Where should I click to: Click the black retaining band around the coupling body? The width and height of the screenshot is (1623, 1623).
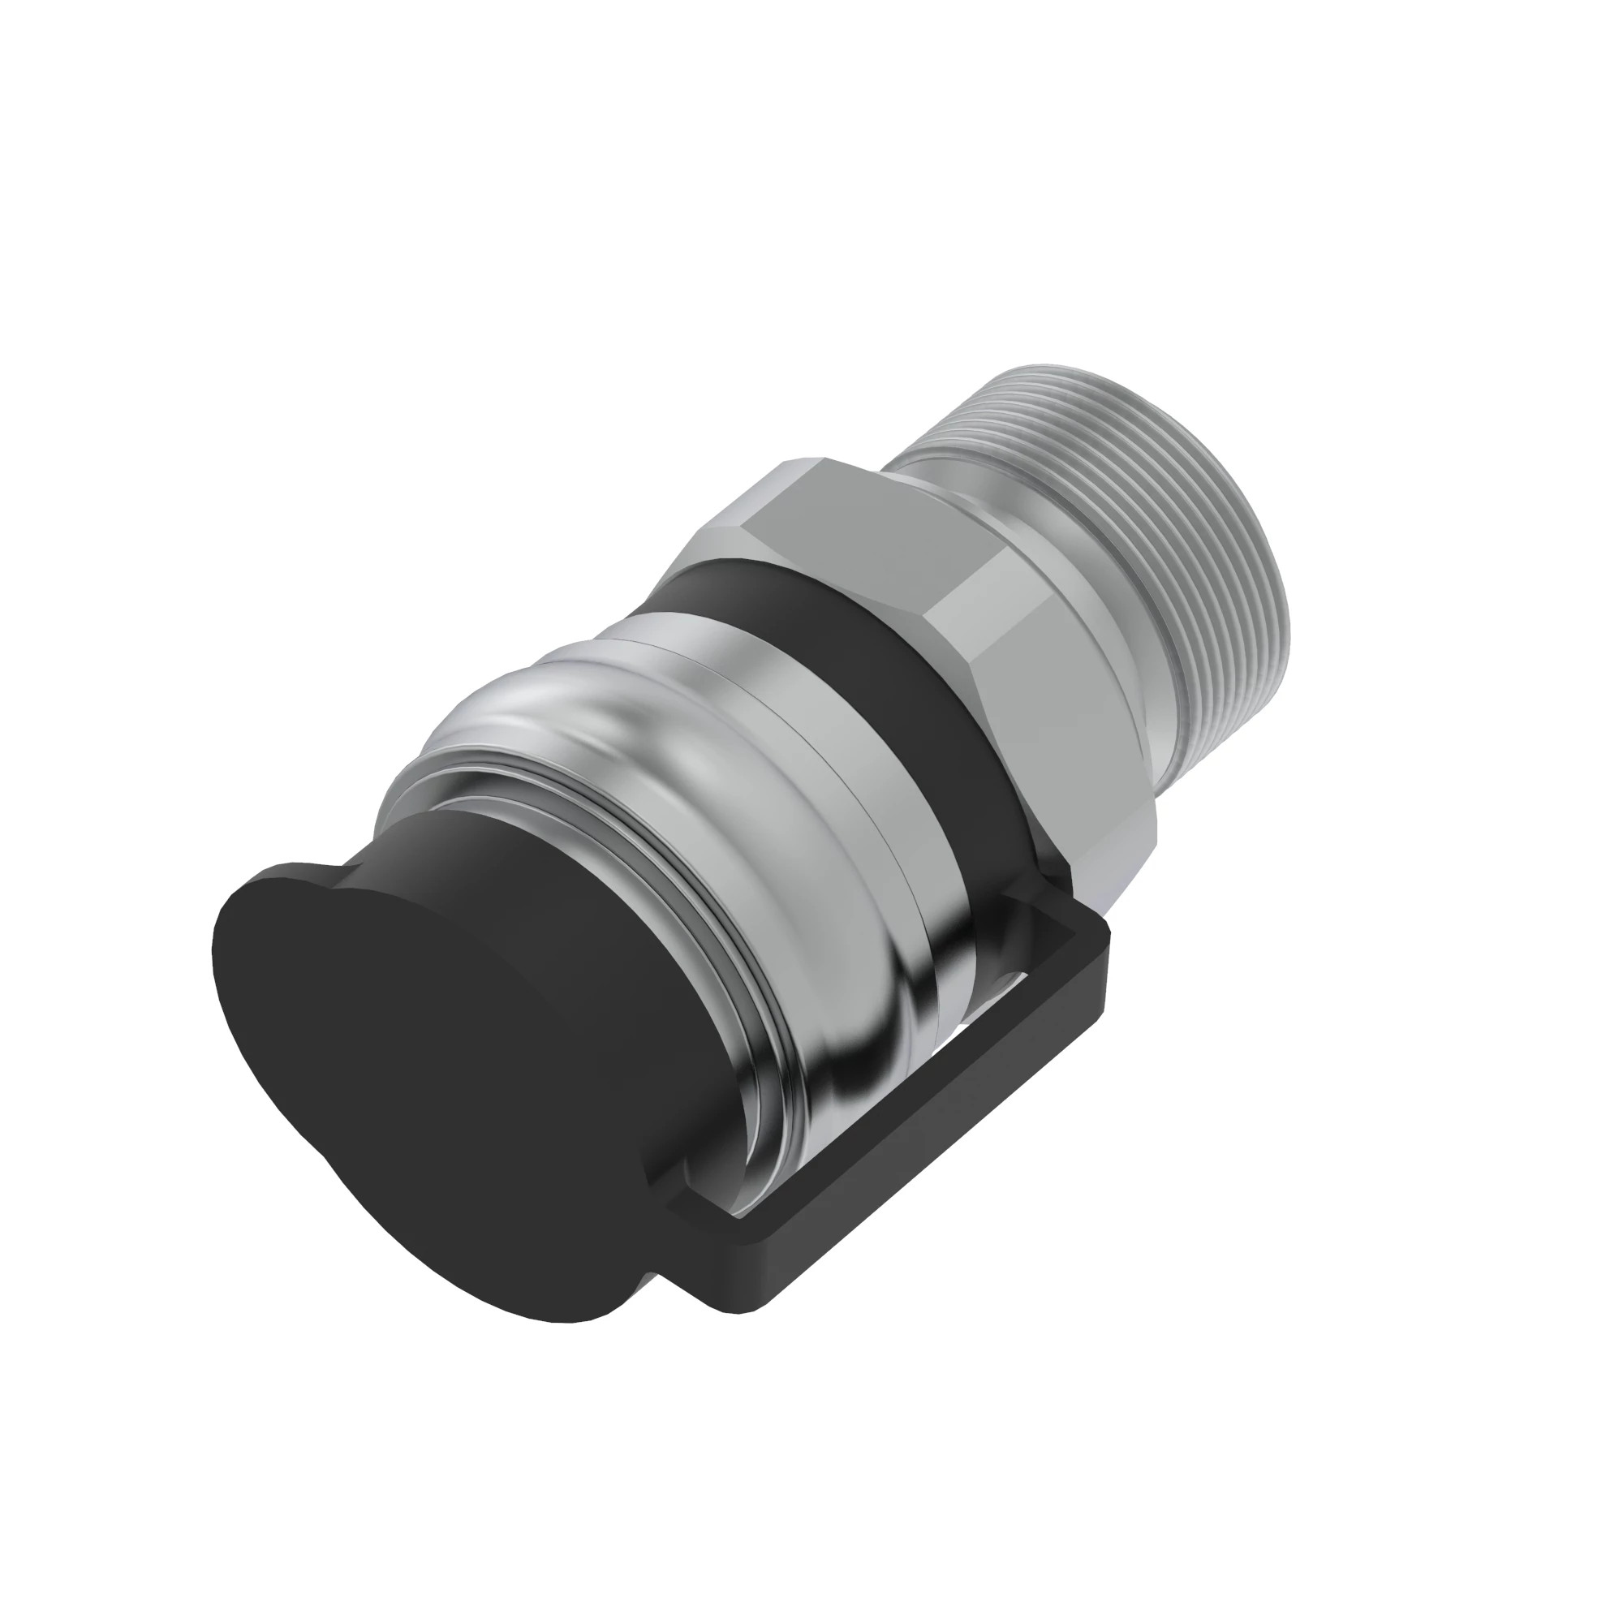coord(840,639)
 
